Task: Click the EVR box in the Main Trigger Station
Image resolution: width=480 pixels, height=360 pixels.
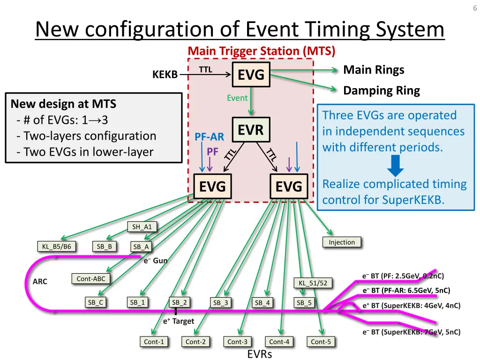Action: pos(251,129)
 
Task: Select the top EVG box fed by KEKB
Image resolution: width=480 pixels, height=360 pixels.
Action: pos(251,75)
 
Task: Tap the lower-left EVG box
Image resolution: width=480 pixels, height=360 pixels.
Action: pos(212,187)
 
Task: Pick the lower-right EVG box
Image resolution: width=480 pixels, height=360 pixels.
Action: pos(289,187)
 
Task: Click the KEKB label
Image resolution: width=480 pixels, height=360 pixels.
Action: pos(165,75)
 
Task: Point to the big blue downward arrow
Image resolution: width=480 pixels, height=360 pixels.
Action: pos(397,165)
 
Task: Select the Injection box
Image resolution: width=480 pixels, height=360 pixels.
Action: pos(342,242)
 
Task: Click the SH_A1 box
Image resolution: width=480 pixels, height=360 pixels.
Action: pos(142,227)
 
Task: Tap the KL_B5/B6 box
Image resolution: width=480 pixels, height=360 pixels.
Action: pos(56,247)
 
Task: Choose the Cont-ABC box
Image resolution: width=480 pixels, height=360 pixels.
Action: pos(91,279)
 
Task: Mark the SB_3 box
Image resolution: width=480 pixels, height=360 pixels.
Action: pos(220,303)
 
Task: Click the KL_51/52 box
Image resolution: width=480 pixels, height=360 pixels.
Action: pos(313,283)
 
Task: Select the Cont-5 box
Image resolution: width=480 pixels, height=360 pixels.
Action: pos(321,342)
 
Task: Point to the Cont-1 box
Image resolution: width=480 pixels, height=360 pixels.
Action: pos(154,342)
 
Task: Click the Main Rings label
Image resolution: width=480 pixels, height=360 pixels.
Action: pos(374,70)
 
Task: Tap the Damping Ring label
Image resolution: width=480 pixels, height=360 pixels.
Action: pos(382,90)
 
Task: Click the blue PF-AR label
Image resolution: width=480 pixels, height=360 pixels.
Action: pos(210,137)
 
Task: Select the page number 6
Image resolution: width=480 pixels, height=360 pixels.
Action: pos(474,8)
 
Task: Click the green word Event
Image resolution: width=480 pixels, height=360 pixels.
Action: pos(237,98)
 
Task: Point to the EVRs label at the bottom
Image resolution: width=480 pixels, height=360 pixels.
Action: pos(259,354)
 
